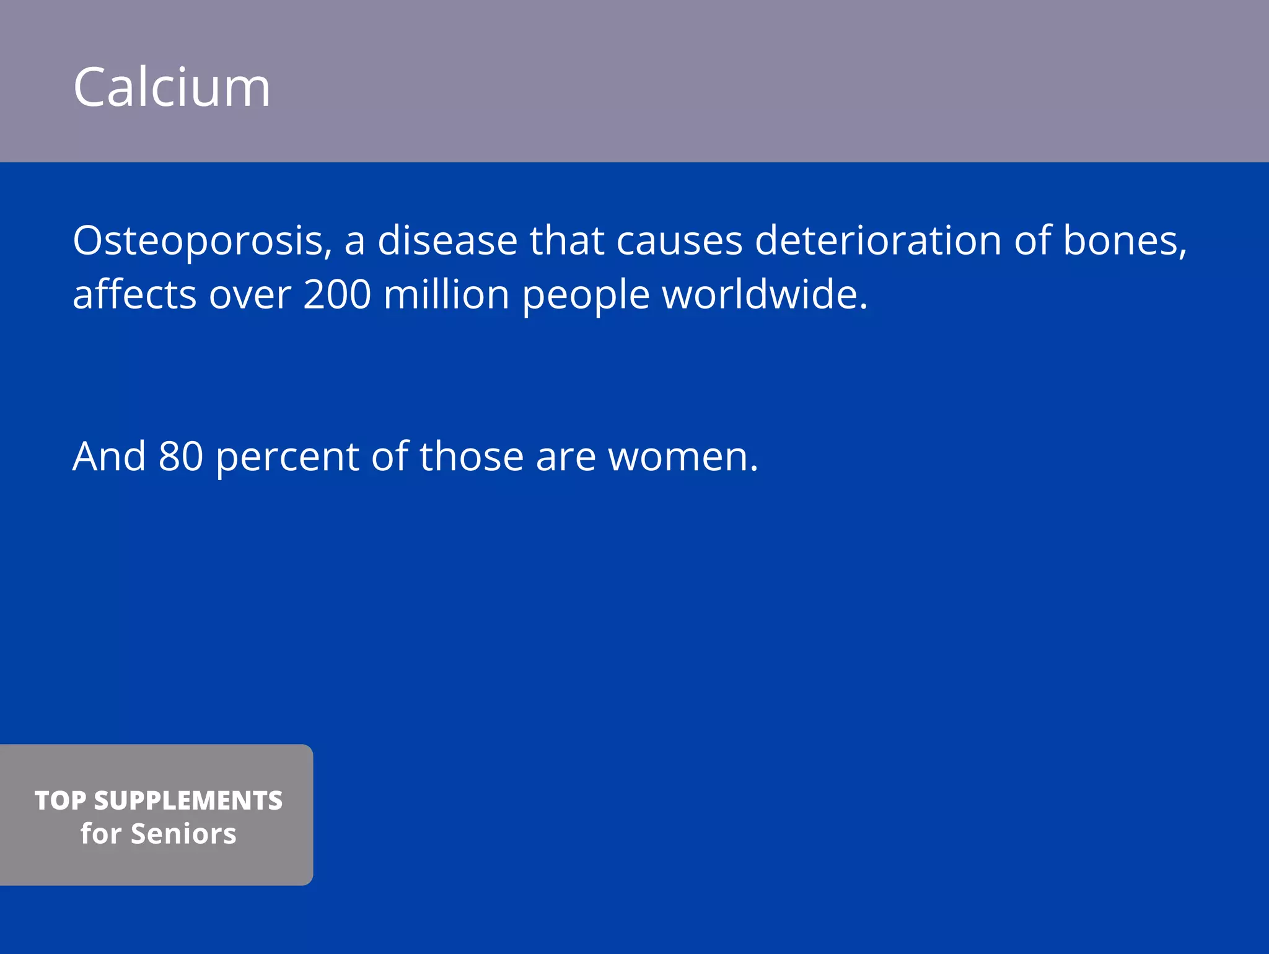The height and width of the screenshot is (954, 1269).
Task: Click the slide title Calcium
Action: [172, 87]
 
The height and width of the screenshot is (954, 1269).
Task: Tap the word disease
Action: [447, 240]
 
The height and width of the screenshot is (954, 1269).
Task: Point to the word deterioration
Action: [878, 240]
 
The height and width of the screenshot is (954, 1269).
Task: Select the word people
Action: [586, 295]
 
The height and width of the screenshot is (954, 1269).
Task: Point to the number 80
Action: [180, 457]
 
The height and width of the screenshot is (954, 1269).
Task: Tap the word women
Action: [683, 457]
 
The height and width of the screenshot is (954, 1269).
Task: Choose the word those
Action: [472, 457]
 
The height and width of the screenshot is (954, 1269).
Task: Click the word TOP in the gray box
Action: [59, 800]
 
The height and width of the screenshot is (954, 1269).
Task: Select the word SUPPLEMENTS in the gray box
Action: [188, 800]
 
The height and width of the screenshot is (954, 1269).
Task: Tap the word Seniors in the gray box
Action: [183, 834]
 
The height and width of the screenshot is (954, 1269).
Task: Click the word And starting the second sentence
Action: [109, 457]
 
